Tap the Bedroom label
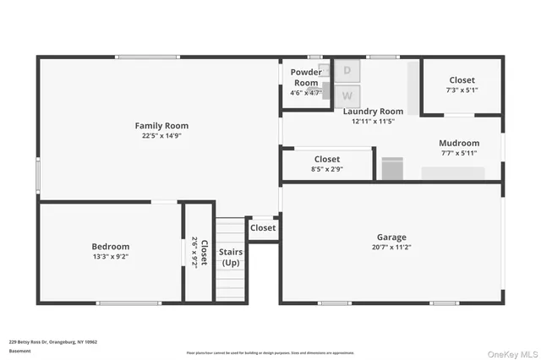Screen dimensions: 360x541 coord(111,246)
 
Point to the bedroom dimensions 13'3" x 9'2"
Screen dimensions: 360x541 coord(111,256)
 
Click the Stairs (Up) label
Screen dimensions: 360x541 coord(231,257)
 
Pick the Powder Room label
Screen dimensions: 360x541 coord(307,77)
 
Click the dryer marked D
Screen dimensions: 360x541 coord(347,70)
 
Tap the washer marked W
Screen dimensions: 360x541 coord(347,95)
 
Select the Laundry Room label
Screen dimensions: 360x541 coord(373,111)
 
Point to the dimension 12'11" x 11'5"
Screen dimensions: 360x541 coord(373,121)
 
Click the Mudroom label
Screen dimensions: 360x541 coord(459,143)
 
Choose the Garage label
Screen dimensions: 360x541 coord(391,237)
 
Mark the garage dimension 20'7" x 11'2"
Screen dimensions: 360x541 coord(391,248)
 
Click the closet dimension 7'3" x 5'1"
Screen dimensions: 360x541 coord(462,90)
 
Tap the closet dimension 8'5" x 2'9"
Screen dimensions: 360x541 coord(327,169)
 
